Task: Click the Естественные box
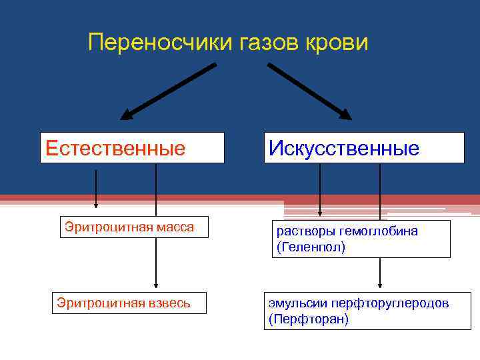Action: [132, 147]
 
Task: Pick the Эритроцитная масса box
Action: [129, 227]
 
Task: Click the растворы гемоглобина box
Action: [361, 239]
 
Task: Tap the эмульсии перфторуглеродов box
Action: [368, 311]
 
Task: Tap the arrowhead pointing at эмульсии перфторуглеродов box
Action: [380, 284]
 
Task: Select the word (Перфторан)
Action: [308, 319]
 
